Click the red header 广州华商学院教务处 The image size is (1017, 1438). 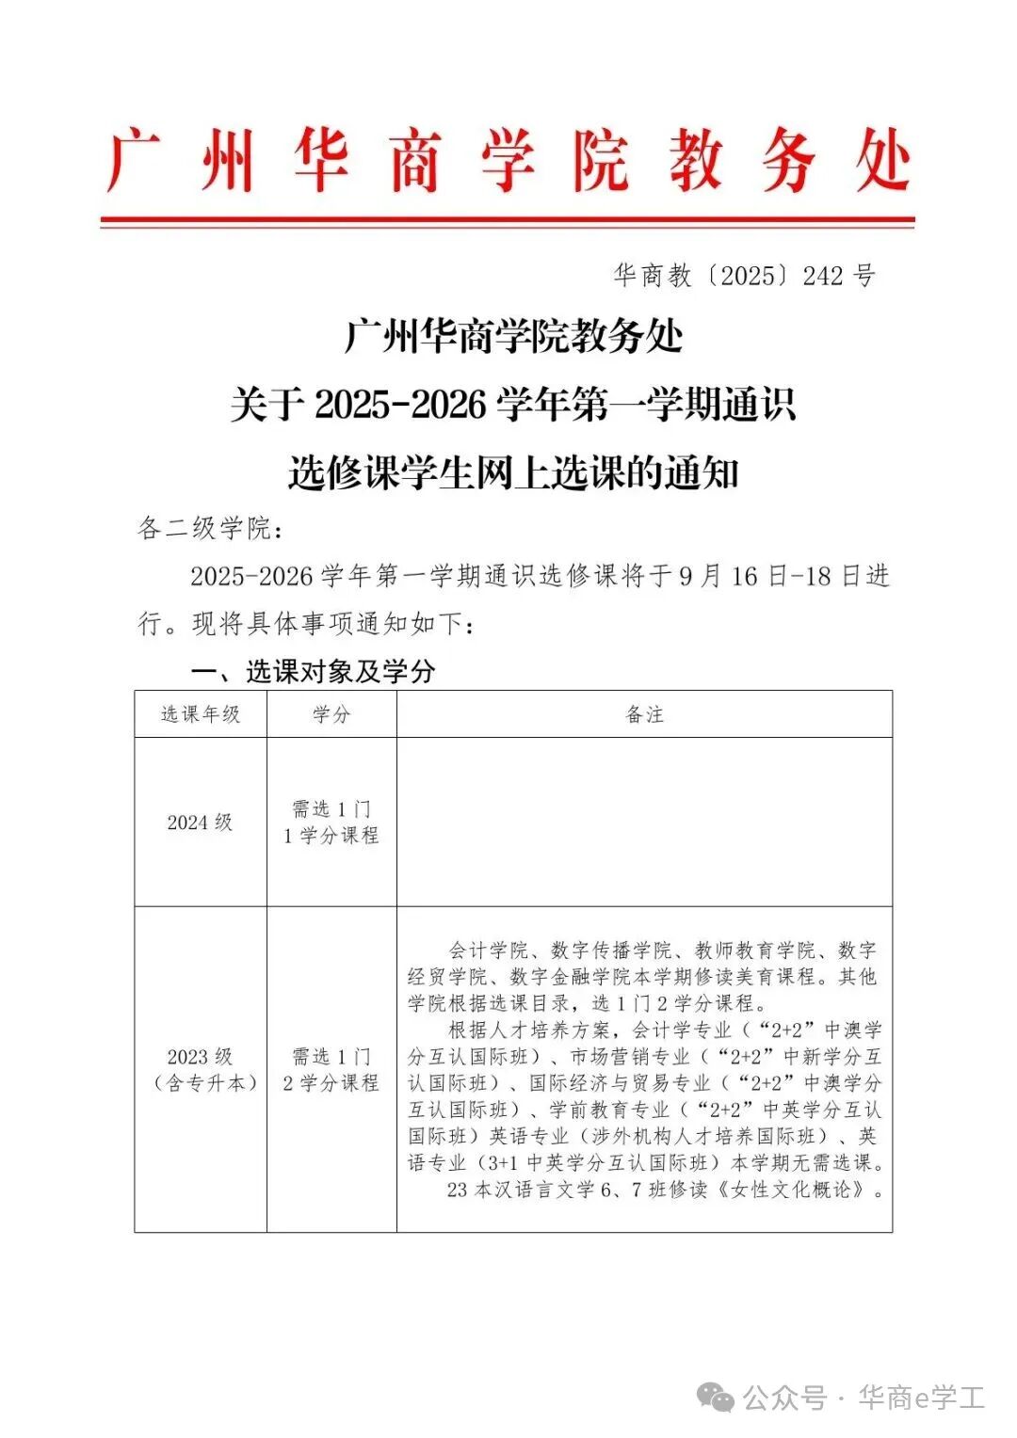tap(508, 162)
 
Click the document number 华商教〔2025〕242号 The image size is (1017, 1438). tap(744, 276)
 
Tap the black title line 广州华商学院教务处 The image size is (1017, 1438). tap(513, 336)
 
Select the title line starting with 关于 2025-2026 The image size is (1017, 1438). tap(513, 405)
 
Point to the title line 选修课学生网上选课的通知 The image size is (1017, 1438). tap(513, 472)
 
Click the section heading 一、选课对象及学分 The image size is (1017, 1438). tap(313, 671)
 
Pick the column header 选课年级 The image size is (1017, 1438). tap(201, 714)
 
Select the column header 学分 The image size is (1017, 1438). tap(331, 714)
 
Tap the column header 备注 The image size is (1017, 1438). tap(644, 714)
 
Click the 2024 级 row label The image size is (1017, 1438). tap(201, 822)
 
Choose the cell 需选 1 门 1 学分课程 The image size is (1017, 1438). tap(331, 822)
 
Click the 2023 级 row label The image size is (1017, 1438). tap(201, 1057)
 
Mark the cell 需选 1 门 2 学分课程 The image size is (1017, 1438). tap(331, 1070)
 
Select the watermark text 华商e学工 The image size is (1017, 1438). tap(921, 1398)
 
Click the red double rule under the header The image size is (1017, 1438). tap(508, 223)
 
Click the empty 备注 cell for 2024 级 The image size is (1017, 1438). tap(644, 822)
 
